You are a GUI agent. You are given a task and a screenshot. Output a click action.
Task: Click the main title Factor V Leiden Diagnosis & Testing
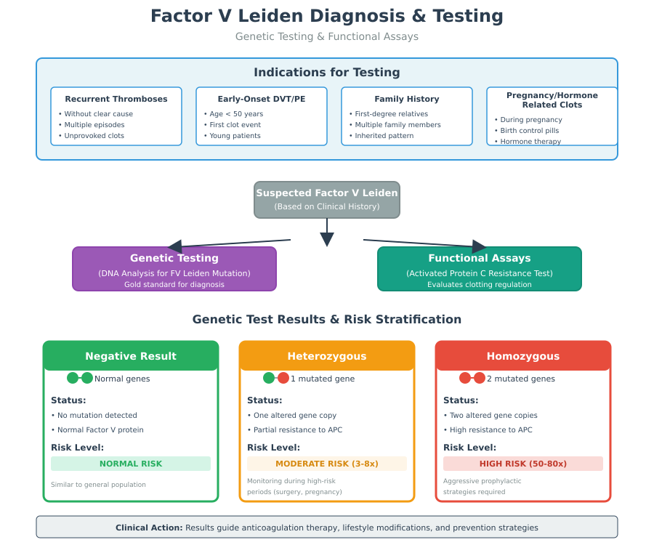326,16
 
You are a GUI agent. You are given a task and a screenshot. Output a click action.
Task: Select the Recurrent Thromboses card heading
116,99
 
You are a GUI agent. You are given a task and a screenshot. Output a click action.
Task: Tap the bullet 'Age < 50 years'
236,114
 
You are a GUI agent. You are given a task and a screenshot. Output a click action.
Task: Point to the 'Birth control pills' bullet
530,131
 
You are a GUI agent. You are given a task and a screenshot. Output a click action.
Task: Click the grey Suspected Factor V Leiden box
327,199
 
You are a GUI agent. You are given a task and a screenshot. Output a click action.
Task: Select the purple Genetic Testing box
174,269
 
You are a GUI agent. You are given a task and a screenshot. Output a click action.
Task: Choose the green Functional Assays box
480,269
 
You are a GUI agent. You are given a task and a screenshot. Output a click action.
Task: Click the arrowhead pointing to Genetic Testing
174,247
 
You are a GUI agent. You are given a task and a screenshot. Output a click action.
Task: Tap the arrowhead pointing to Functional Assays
480,246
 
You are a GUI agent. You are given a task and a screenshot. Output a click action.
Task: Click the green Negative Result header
131,356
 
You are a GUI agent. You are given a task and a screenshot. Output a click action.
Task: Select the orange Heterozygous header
327,356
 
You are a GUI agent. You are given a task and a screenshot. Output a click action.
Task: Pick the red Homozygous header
523,356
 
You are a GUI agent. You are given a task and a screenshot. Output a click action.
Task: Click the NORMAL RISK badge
131,464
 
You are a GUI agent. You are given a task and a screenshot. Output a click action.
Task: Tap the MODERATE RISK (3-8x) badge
327,464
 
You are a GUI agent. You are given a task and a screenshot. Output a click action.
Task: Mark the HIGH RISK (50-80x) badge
523,464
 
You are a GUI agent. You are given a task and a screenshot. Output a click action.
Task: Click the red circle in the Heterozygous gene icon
283,378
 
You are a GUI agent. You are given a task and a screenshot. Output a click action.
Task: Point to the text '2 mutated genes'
521,379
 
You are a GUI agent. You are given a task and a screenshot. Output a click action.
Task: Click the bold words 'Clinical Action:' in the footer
149,528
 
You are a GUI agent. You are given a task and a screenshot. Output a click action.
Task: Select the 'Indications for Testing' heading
327,73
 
